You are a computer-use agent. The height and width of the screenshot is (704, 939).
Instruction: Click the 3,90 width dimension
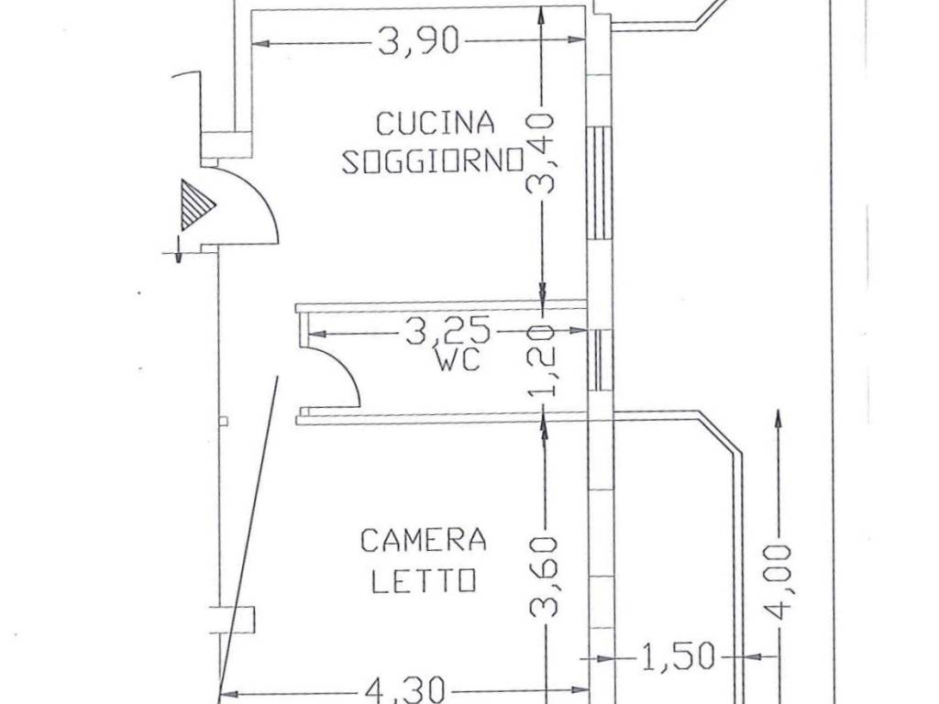(419, 40)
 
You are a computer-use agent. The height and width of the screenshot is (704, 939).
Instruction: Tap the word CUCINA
(436, 123)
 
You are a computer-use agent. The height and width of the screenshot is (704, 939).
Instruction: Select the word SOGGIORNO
(433, 160)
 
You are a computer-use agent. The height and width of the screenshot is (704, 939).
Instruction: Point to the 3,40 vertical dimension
(541, 154)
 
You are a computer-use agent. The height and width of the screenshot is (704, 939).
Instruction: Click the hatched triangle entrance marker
(196, 205)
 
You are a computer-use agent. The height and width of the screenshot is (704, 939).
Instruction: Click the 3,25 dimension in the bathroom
(448, 330)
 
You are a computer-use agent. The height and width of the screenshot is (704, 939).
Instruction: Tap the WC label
(458, 360)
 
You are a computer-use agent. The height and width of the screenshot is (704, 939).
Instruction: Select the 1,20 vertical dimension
(544, 361)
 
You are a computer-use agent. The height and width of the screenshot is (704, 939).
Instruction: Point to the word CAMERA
(424, 541)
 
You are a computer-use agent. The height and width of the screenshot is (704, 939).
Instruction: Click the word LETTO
(424, 580)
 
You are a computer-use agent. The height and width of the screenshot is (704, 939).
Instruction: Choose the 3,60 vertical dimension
(545, 577)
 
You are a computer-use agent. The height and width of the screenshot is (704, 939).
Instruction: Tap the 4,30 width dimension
(404, 689)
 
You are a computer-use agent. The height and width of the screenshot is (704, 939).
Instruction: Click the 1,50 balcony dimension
(679, 656)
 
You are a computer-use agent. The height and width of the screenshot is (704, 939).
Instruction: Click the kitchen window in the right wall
(600, 183)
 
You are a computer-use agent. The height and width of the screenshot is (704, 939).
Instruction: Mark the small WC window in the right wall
(600, 359)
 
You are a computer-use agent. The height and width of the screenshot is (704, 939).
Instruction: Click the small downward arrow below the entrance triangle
(178, 249)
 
